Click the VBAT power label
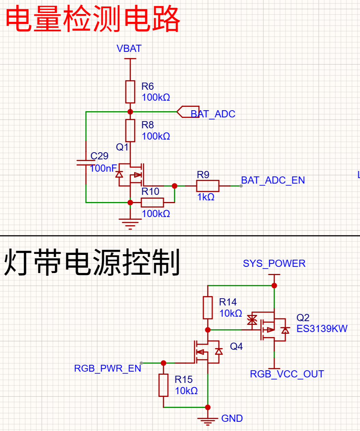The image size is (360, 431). click(129, 49)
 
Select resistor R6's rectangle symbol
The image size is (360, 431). click(130, 92)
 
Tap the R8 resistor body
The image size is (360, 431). click(130, 131)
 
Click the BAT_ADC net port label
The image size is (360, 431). click(213, 114)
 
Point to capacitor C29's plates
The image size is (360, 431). click(86, 163)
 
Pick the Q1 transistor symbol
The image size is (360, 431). click(130, 175)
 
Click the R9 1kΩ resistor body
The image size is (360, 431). click(208, 186)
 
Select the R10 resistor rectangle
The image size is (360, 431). click(153, 202)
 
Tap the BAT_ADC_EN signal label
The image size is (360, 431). click(273, 180)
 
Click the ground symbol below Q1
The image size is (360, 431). click(130, 224)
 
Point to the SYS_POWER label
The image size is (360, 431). click(274, 263)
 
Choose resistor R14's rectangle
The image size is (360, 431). click(208, 308)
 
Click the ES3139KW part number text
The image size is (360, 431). click(322, 329)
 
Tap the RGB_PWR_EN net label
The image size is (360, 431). click(108, 369)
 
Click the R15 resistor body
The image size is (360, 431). click(164, 385)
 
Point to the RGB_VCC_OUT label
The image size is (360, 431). click(287, 374)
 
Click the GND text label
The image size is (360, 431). click(232, 418)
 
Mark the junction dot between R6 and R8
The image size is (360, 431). click(130, 112)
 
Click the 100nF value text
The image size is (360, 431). click(103, 169)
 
